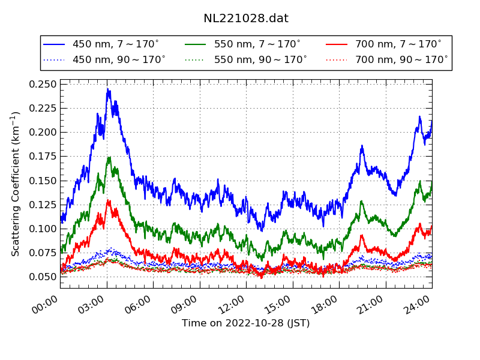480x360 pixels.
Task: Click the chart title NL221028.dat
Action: [x=246, y=19]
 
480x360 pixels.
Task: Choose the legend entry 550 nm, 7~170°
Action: [x=257, y=44]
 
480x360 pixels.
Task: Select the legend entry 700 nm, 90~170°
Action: [x=401, y=59]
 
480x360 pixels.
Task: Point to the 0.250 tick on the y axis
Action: [x=43, y=84]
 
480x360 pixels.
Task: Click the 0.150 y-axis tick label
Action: [x=43, y=181]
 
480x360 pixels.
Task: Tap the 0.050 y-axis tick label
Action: [x=43, y=277]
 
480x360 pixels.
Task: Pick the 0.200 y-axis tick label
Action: [x=43, y=133]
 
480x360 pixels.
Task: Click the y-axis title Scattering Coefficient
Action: [x=16, y=184]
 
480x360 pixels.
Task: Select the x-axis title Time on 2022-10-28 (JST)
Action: [x=246, y=323]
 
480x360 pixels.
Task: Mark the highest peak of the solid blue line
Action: [x=108, y=89]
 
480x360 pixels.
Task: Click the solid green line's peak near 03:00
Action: [x=109, y=158]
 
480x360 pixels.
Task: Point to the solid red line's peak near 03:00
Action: [x=108, y=200]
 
